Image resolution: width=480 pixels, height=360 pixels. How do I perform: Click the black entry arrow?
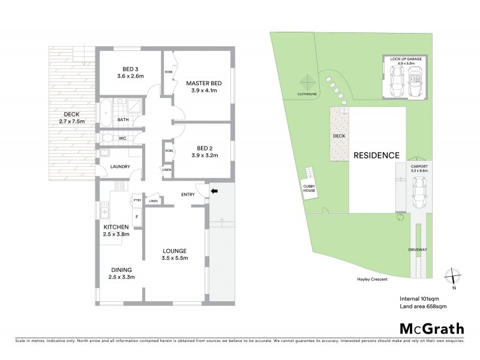(214, 191)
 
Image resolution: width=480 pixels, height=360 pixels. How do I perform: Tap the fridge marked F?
(136, 217)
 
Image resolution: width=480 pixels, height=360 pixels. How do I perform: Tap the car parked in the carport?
(418, 193)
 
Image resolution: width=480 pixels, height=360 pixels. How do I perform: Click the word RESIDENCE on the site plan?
(376, 155)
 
